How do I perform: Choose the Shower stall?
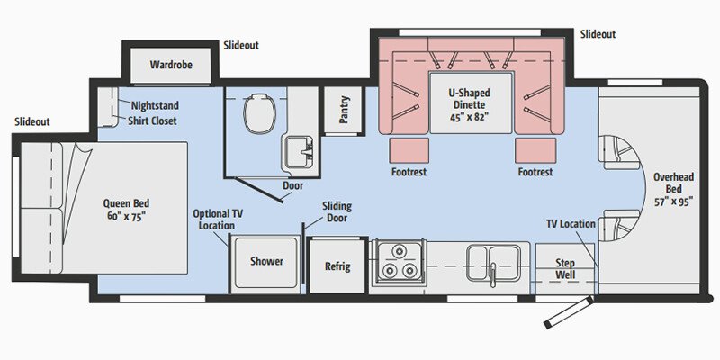[266, 262]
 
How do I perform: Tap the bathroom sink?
[297, 150]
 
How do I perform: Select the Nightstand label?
[154, 104]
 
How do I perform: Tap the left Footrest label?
[409, 171]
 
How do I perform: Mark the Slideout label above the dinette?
[598, 34]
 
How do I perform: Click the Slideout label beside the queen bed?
[32, 121]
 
